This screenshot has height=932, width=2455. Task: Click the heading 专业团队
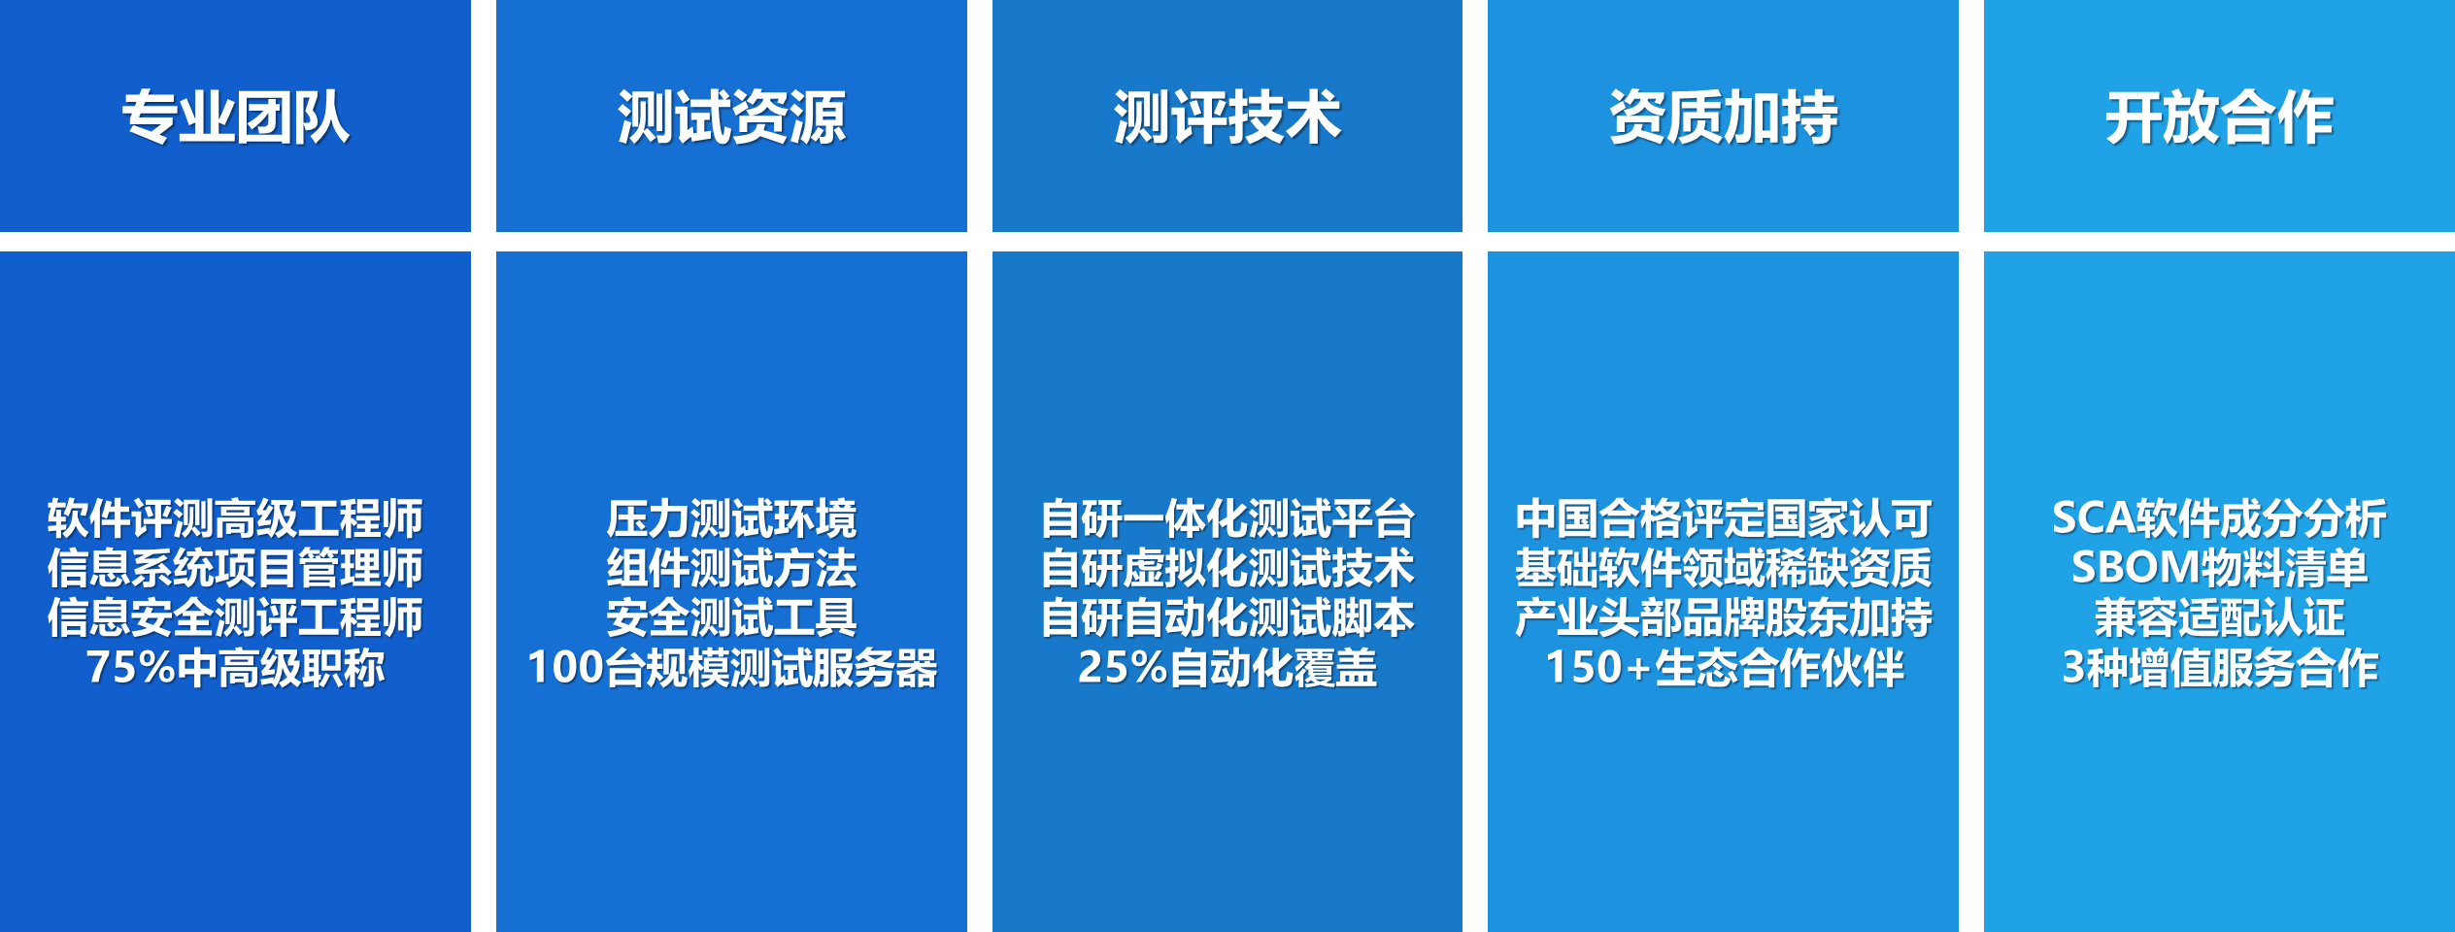coord(235,117)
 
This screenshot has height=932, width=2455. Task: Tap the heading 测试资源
coord(731,117)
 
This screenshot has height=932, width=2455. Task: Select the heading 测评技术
coord(1227,117)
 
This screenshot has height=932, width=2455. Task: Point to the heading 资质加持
coord(1723,117)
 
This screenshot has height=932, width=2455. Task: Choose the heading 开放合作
coord(2219,117)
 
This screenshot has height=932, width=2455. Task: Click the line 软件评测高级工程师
coord(235,518)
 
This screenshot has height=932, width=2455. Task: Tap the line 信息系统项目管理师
coord(235,568)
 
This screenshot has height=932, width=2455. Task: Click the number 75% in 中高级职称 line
coord(130,668)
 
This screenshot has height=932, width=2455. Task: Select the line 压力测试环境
coord(731,518)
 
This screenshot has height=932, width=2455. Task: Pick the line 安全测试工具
coord(731,617)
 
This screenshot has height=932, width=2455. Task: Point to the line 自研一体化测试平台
coord(1227,518)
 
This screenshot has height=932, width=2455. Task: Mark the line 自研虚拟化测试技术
coord(1227,568)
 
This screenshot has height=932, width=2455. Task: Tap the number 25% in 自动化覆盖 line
coord(1122,668)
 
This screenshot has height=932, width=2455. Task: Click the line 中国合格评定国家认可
coord(1723,518)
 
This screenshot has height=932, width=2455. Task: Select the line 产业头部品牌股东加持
coord(1723,617)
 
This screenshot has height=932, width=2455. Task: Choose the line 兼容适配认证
coord(2219,617)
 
